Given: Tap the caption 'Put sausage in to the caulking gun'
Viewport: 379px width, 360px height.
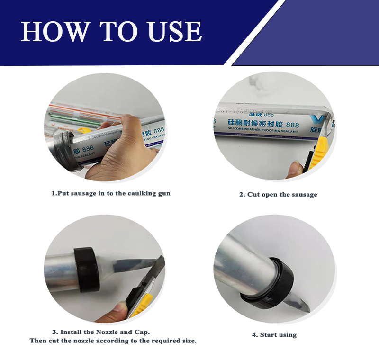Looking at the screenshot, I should (110, 193).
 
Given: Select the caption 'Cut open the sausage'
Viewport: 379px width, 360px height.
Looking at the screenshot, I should (278, 194).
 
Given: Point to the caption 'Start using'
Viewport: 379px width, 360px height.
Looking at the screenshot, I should (274, 334).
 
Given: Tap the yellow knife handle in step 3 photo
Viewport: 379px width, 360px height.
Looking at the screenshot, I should (142, 303).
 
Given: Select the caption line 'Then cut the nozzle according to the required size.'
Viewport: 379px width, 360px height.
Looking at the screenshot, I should (113, 341).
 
